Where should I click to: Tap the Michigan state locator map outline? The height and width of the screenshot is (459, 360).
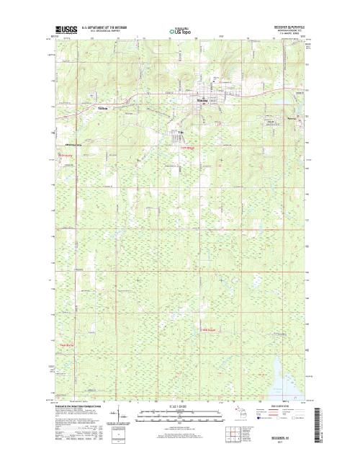pos(246,413)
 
